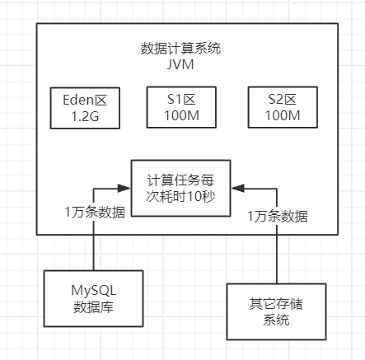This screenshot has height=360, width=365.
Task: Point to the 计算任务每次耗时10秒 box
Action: point(180,189)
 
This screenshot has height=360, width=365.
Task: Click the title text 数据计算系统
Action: point(180,48)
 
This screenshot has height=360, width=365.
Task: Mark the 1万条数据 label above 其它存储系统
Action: point(278,217)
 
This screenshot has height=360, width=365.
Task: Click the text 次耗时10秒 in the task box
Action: point(180,197)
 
